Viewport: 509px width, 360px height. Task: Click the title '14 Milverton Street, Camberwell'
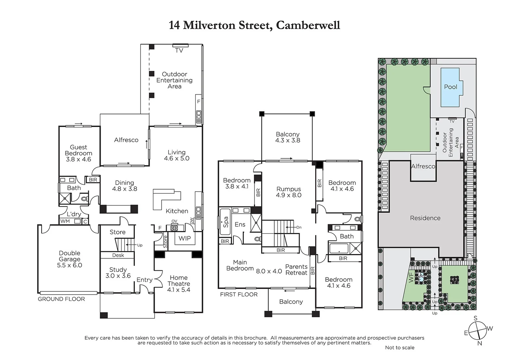tap(254, 25)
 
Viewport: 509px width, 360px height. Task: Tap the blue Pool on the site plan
tap(450, 87)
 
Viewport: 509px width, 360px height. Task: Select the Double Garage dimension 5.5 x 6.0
tap(69, 265)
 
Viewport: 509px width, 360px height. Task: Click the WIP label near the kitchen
tap(185, 238)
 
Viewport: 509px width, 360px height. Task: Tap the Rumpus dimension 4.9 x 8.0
tap(288, 195)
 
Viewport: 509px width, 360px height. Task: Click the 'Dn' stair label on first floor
tap(299, 227)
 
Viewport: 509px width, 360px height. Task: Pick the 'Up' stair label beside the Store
tap(140, 245)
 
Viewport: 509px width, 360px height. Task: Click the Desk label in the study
tap(118, 255)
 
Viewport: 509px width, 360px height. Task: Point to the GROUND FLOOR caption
tap(61, 299)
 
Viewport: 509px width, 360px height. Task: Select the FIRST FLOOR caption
tap(239, 294)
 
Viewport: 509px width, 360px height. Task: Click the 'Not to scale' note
tap(399, 347)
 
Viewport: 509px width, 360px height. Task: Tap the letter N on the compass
tap(480, 343)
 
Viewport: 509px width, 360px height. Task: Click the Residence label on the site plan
tap(425, 218)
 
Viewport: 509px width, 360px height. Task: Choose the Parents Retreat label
tap(296, 270)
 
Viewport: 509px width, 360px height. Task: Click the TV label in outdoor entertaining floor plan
tap(179, 51)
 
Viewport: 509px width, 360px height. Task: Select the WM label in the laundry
tap(65, 221)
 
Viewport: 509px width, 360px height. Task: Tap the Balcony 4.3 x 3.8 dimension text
tap(287, 140)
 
